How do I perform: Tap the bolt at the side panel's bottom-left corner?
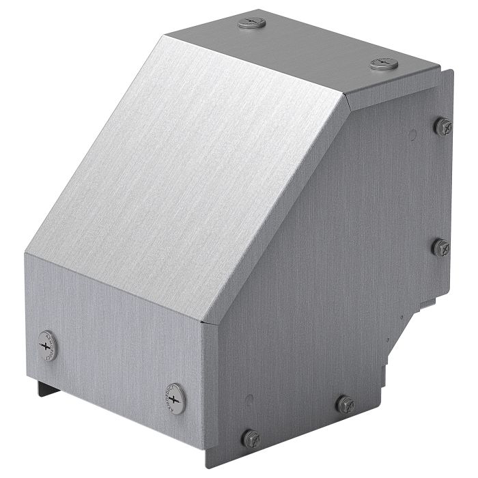tap(251, 435)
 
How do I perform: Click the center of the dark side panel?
tap(328, 259)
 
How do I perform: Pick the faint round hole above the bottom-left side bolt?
tap(251, 400)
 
